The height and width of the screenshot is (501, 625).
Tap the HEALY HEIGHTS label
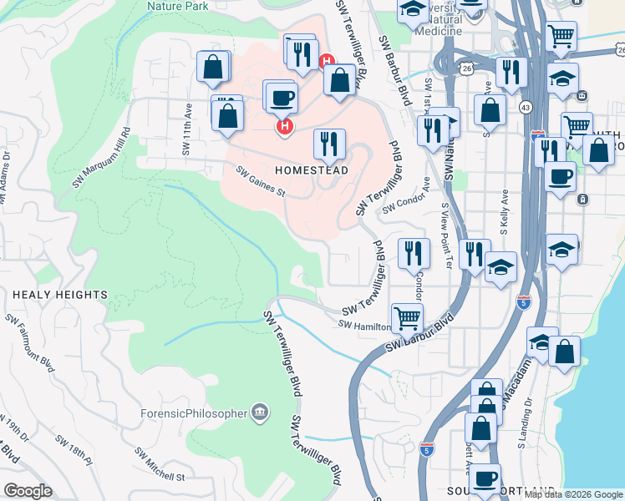[60, 295]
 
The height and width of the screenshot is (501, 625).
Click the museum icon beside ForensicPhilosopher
[260, 412]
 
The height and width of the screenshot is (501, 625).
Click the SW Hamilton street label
[364, 325]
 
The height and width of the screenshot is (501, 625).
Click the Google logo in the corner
[28, 491]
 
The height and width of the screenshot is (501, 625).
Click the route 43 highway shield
[525, 107]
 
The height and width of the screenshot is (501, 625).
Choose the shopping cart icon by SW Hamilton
[407, 317]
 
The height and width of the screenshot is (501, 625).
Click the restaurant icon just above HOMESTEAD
[329, 144]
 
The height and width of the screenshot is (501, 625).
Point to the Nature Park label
[176, 5]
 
